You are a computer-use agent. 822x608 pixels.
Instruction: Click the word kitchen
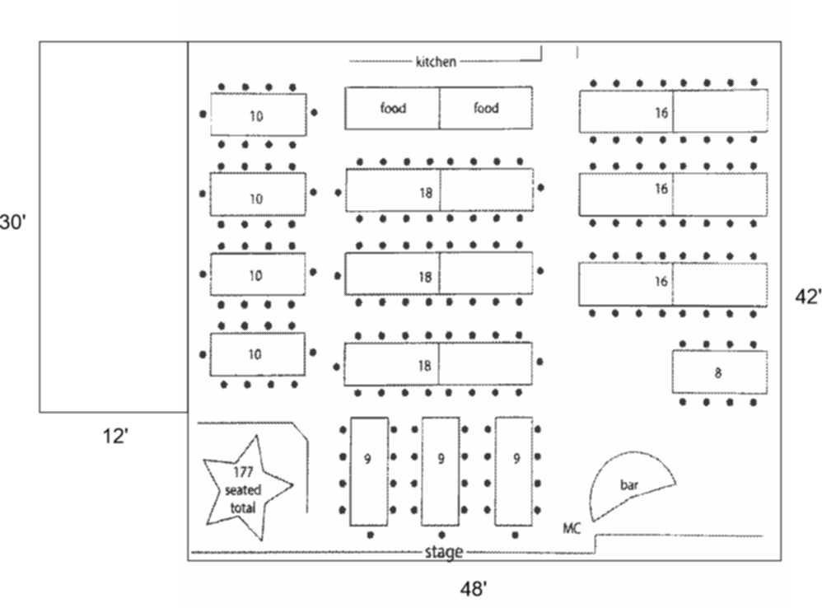(x=436, y=61)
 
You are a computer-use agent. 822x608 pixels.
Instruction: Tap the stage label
(x=443, y=552)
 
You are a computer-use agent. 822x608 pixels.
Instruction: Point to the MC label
(x=572, y=527)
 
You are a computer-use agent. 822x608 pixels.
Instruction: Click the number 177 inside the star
(x=242, y=472)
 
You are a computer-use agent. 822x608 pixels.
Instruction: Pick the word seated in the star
(x=242, y=490)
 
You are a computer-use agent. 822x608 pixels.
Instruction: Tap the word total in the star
(x=242, y=507)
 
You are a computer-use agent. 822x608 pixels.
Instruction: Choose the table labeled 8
(x=719, y=372)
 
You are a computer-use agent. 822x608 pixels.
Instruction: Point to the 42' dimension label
(x=807, y=297)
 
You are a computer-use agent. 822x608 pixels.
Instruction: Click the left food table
(x=392, y=108)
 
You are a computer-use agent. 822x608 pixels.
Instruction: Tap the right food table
(x=486, y=108)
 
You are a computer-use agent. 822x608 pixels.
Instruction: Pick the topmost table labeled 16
(x=673, y=111)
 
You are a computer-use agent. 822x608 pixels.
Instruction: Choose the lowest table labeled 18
(x=438, y=364)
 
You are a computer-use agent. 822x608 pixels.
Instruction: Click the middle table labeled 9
(x=441, y=471)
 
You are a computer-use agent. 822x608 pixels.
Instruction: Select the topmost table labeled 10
(x=258, y=115)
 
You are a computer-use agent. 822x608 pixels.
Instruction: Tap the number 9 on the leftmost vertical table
(x=367, y=459)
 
